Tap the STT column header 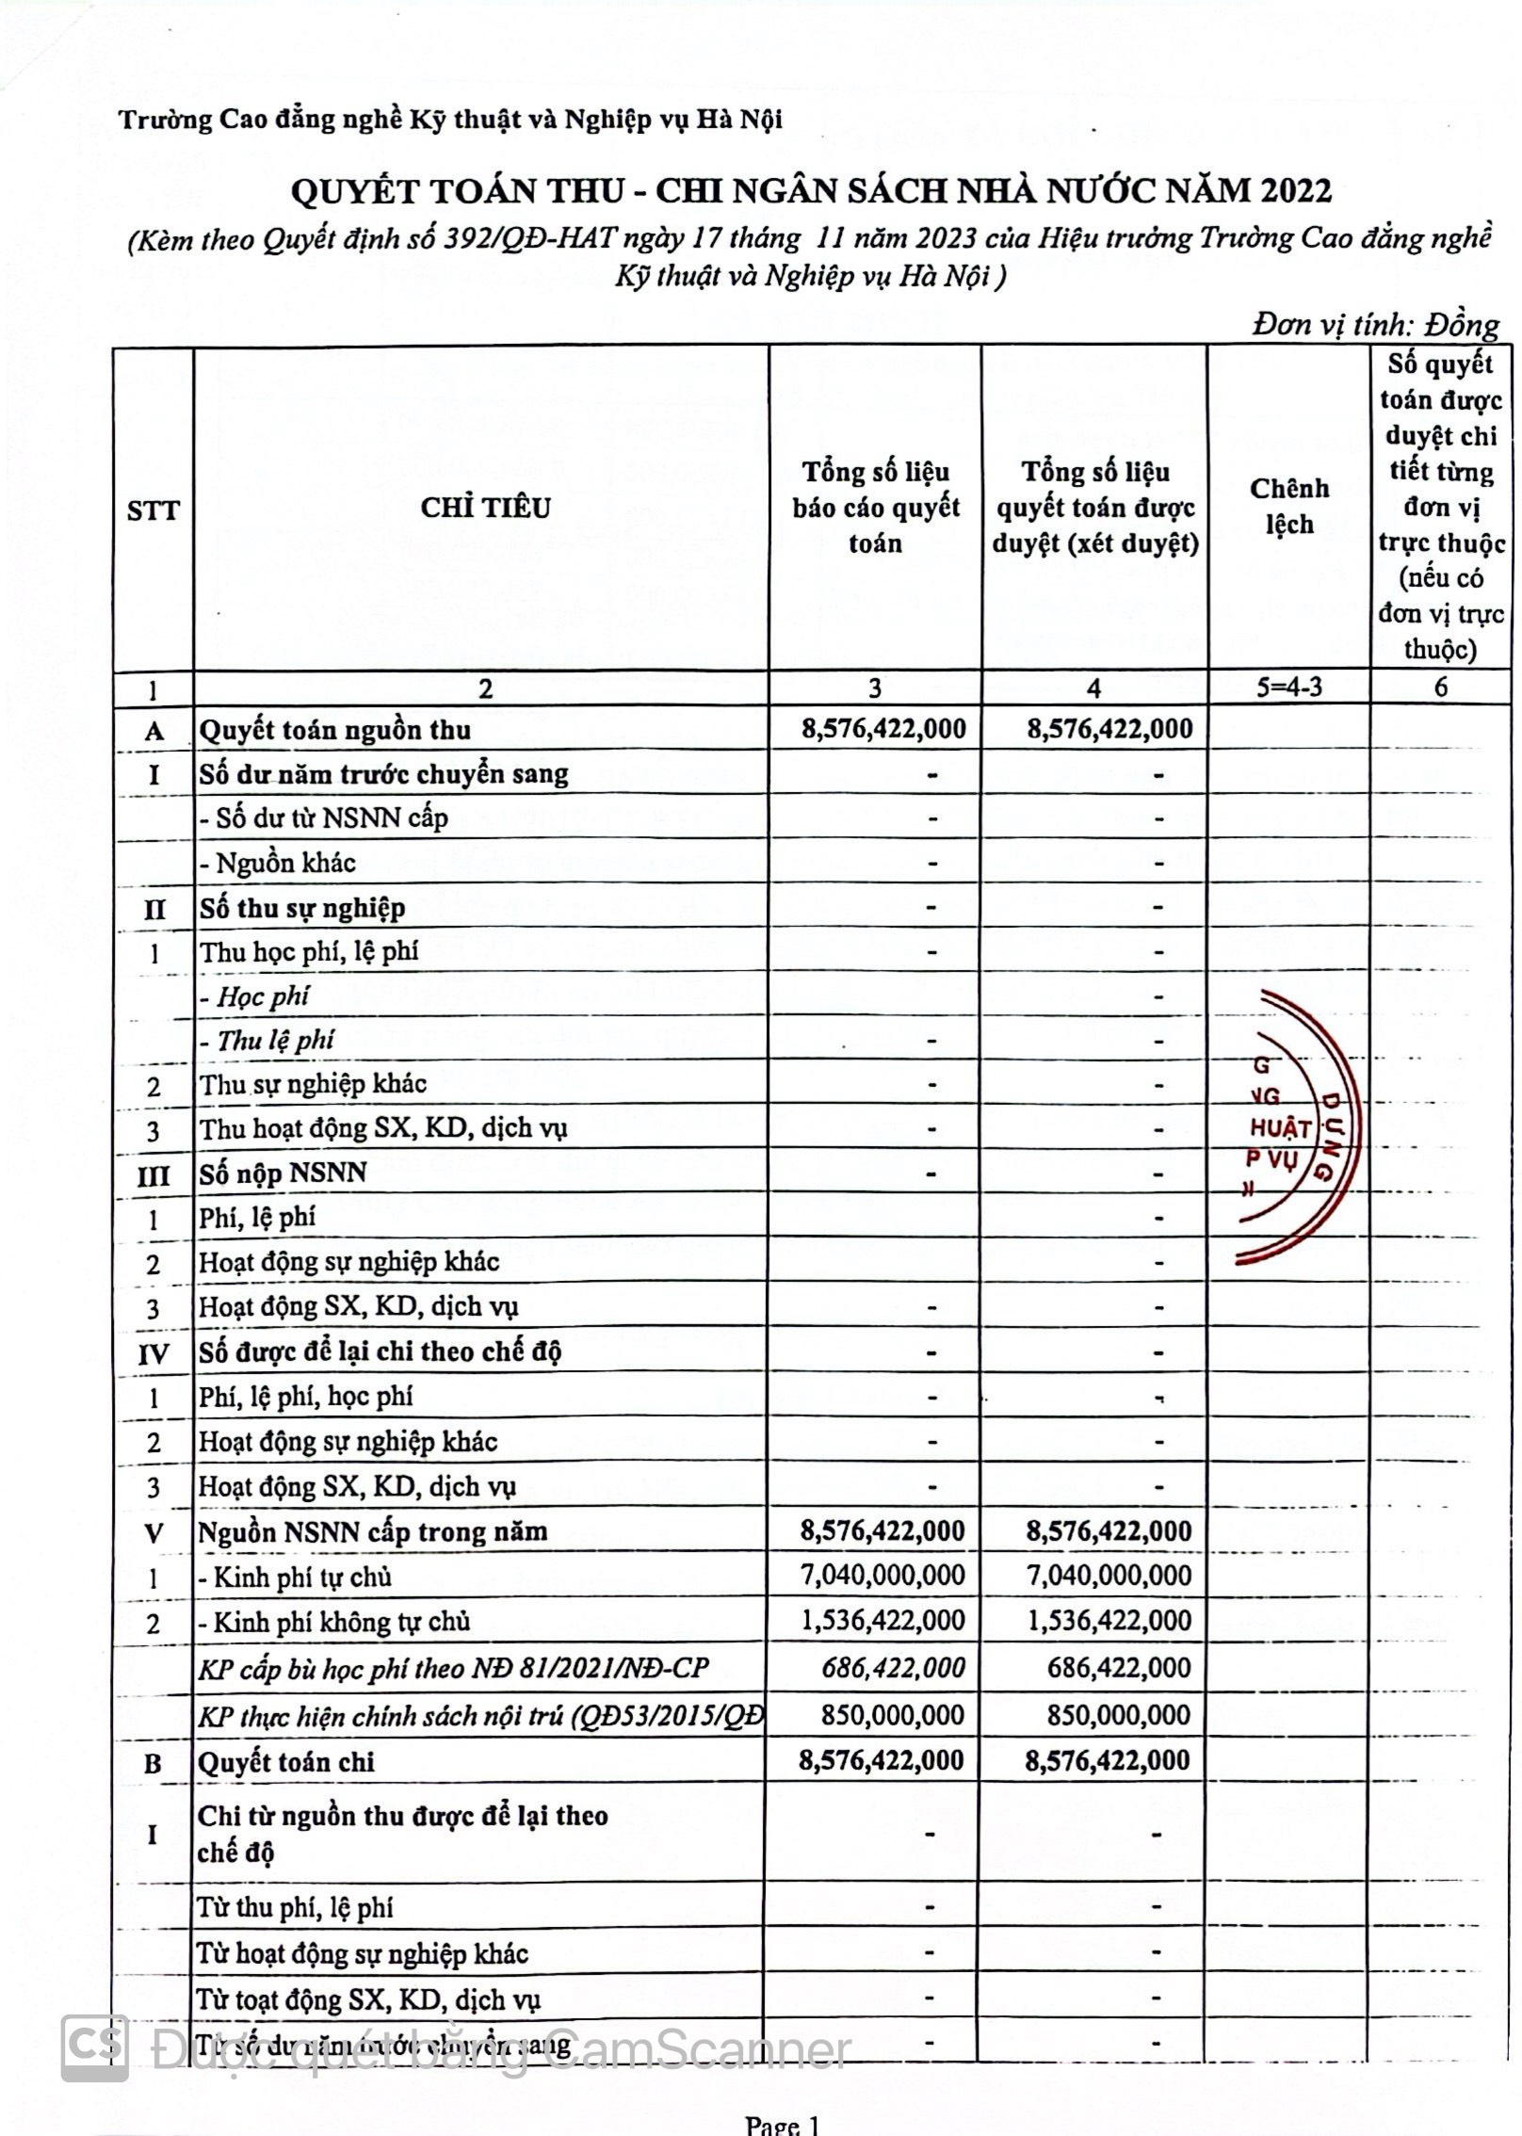[153, 510]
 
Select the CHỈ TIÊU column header [485, 508]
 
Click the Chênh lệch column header [1288, 506]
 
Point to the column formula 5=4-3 [1288, 687]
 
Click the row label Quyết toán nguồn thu [334, 730]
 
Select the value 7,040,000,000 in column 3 [882, 1575]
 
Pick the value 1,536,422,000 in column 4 [1109, 1620]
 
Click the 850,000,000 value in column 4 [1119, 1714]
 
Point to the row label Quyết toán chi [285, 1762]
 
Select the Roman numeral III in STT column [154, 1175]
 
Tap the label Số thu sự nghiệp [301, 908]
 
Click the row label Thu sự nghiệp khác [312, 1084]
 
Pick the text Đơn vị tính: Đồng [1375, 325]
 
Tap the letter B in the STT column [153, 1763]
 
